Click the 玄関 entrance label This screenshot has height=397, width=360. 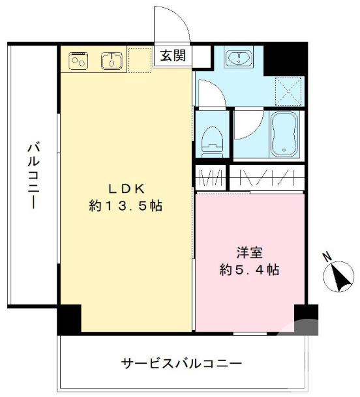[172, 56]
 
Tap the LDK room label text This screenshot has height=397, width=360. [126, 189]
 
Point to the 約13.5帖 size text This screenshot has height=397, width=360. [126, 206]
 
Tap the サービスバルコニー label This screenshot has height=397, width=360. [181, 363]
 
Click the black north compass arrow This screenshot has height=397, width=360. [340, 277]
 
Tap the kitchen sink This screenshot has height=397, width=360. [112, 61]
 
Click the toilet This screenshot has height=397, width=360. [211, 139]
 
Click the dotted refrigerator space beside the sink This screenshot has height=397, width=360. [140, 59]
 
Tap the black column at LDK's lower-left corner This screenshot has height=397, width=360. [69, 319]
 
